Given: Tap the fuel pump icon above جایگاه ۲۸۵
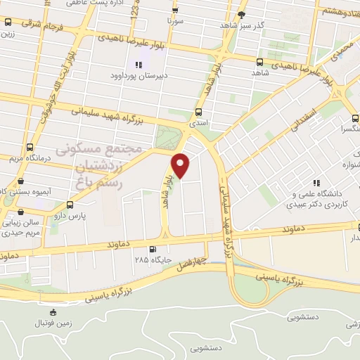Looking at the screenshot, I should (x=153, y=250).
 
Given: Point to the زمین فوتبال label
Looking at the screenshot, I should (x=53, y=325).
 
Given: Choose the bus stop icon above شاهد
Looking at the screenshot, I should (x=260, y=62).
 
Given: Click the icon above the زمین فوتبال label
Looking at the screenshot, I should (x=53, y=312).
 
